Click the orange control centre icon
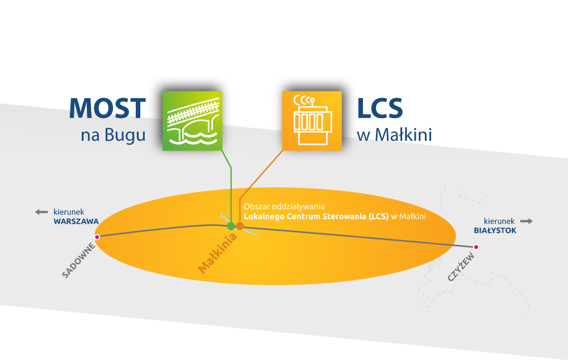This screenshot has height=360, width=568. point(312,120)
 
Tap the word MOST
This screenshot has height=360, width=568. point(108,108)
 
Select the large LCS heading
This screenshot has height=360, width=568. point(380,108)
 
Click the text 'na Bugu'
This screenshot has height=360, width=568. point(113,136)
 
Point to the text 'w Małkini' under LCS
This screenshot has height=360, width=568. point(394,136)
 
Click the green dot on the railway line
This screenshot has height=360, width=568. point(231,226)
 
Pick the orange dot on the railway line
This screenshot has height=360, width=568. point(240,226)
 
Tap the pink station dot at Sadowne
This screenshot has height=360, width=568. point(97,237)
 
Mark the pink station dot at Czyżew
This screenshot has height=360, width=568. point(476,246)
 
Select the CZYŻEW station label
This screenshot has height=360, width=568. point(461,268)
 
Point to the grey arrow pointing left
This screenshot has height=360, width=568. point(41,212)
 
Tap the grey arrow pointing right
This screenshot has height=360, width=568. point(527,221)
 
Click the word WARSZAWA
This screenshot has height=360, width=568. point(76,221)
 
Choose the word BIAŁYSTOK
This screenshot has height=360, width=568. point(495,231)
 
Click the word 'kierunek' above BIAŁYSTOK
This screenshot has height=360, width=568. point(499,221)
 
